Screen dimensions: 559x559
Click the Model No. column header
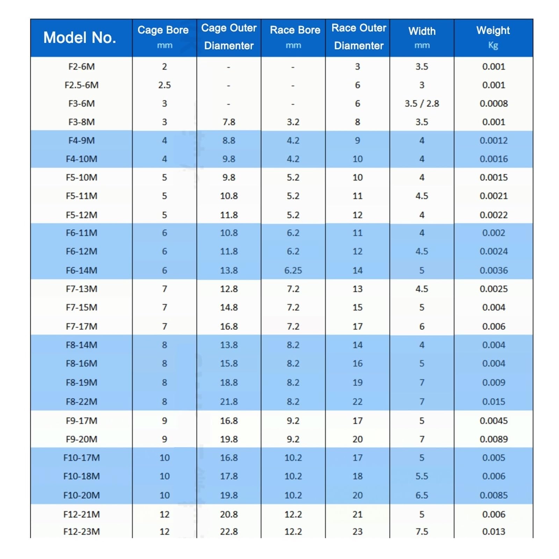click(x=80, y=37)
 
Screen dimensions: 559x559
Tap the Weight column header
click(x=493, y=30)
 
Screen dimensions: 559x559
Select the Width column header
click(x=422, y=31)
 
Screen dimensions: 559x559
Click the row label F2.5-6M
click(x=81, y=85)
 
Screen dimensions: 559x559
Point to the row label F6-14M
click(x=81, y=270)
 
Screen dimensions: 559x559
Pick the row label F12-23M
click(x=81, y=531)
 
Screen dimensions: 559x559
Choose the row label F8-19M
click(x=81, y=382)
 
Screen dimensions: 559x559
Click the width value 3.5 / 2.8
click(x=422, y=103)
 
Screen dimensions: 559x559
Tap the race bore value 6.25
click(x=293, y=270)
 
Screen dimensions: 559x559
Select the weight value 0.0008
click(x=493, y=103)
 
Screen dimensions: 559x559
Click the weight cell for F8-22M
click(x=493, y=401)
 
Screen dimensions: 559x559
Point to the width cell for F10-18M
click(x=422, y=476)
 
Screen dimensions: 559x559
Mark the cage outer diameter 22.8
click(x=229, y=531)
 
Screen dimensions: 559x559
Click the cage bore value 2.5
click(x=164, y=85)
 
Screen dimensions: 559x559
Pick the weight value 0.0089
click(x=493, y=439)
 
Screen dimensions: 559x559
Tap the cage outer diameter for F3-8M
click(x=229, y=122)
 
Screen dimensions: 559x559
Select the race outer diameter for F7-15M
click(x=357, y=307)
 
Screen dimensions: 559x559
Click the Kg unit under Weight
click(x=493, y=45)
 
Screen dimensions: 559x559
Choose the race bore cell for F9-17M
click(x=293, y=420)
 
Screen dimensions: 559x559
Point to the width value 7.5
click(x=422, y=531)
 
